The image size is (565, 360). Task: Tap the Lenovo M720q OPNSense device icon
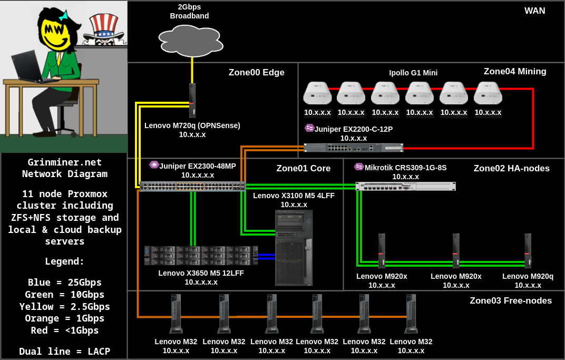[192, 100]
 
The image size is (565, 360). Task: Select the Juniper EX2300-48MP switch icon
[192, 186]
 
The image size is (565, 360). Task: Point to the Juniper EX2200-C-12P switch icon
[353, 148]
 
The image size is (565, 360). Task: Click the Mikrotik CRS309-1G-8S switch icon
[405, 186]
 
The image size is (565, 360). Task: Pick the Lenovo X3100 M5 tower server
[294, 247]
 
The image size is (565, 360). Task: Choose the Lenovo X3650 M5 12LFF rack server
[201, 255]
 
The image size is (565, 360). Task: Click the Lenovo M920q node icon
[528, 251]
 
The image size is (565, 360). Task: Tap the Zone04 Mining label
[514, 71]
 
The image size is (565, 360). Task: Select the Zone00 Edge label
[256, 73]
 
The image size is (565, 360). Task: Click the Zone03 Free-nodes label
[510, 300]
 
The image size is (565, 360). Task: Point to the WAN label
[534, 11]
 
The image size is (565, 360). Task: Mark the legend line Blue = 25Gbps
[64, 282]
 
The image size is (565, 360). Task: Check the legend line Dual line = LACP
[64, 351]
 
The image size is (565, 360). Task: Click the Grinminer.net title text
[64, 162]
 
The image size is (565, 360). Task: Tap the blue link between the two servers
[267, 256]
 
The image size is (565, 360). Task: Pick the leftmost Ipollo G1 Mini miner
[317, 93]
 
